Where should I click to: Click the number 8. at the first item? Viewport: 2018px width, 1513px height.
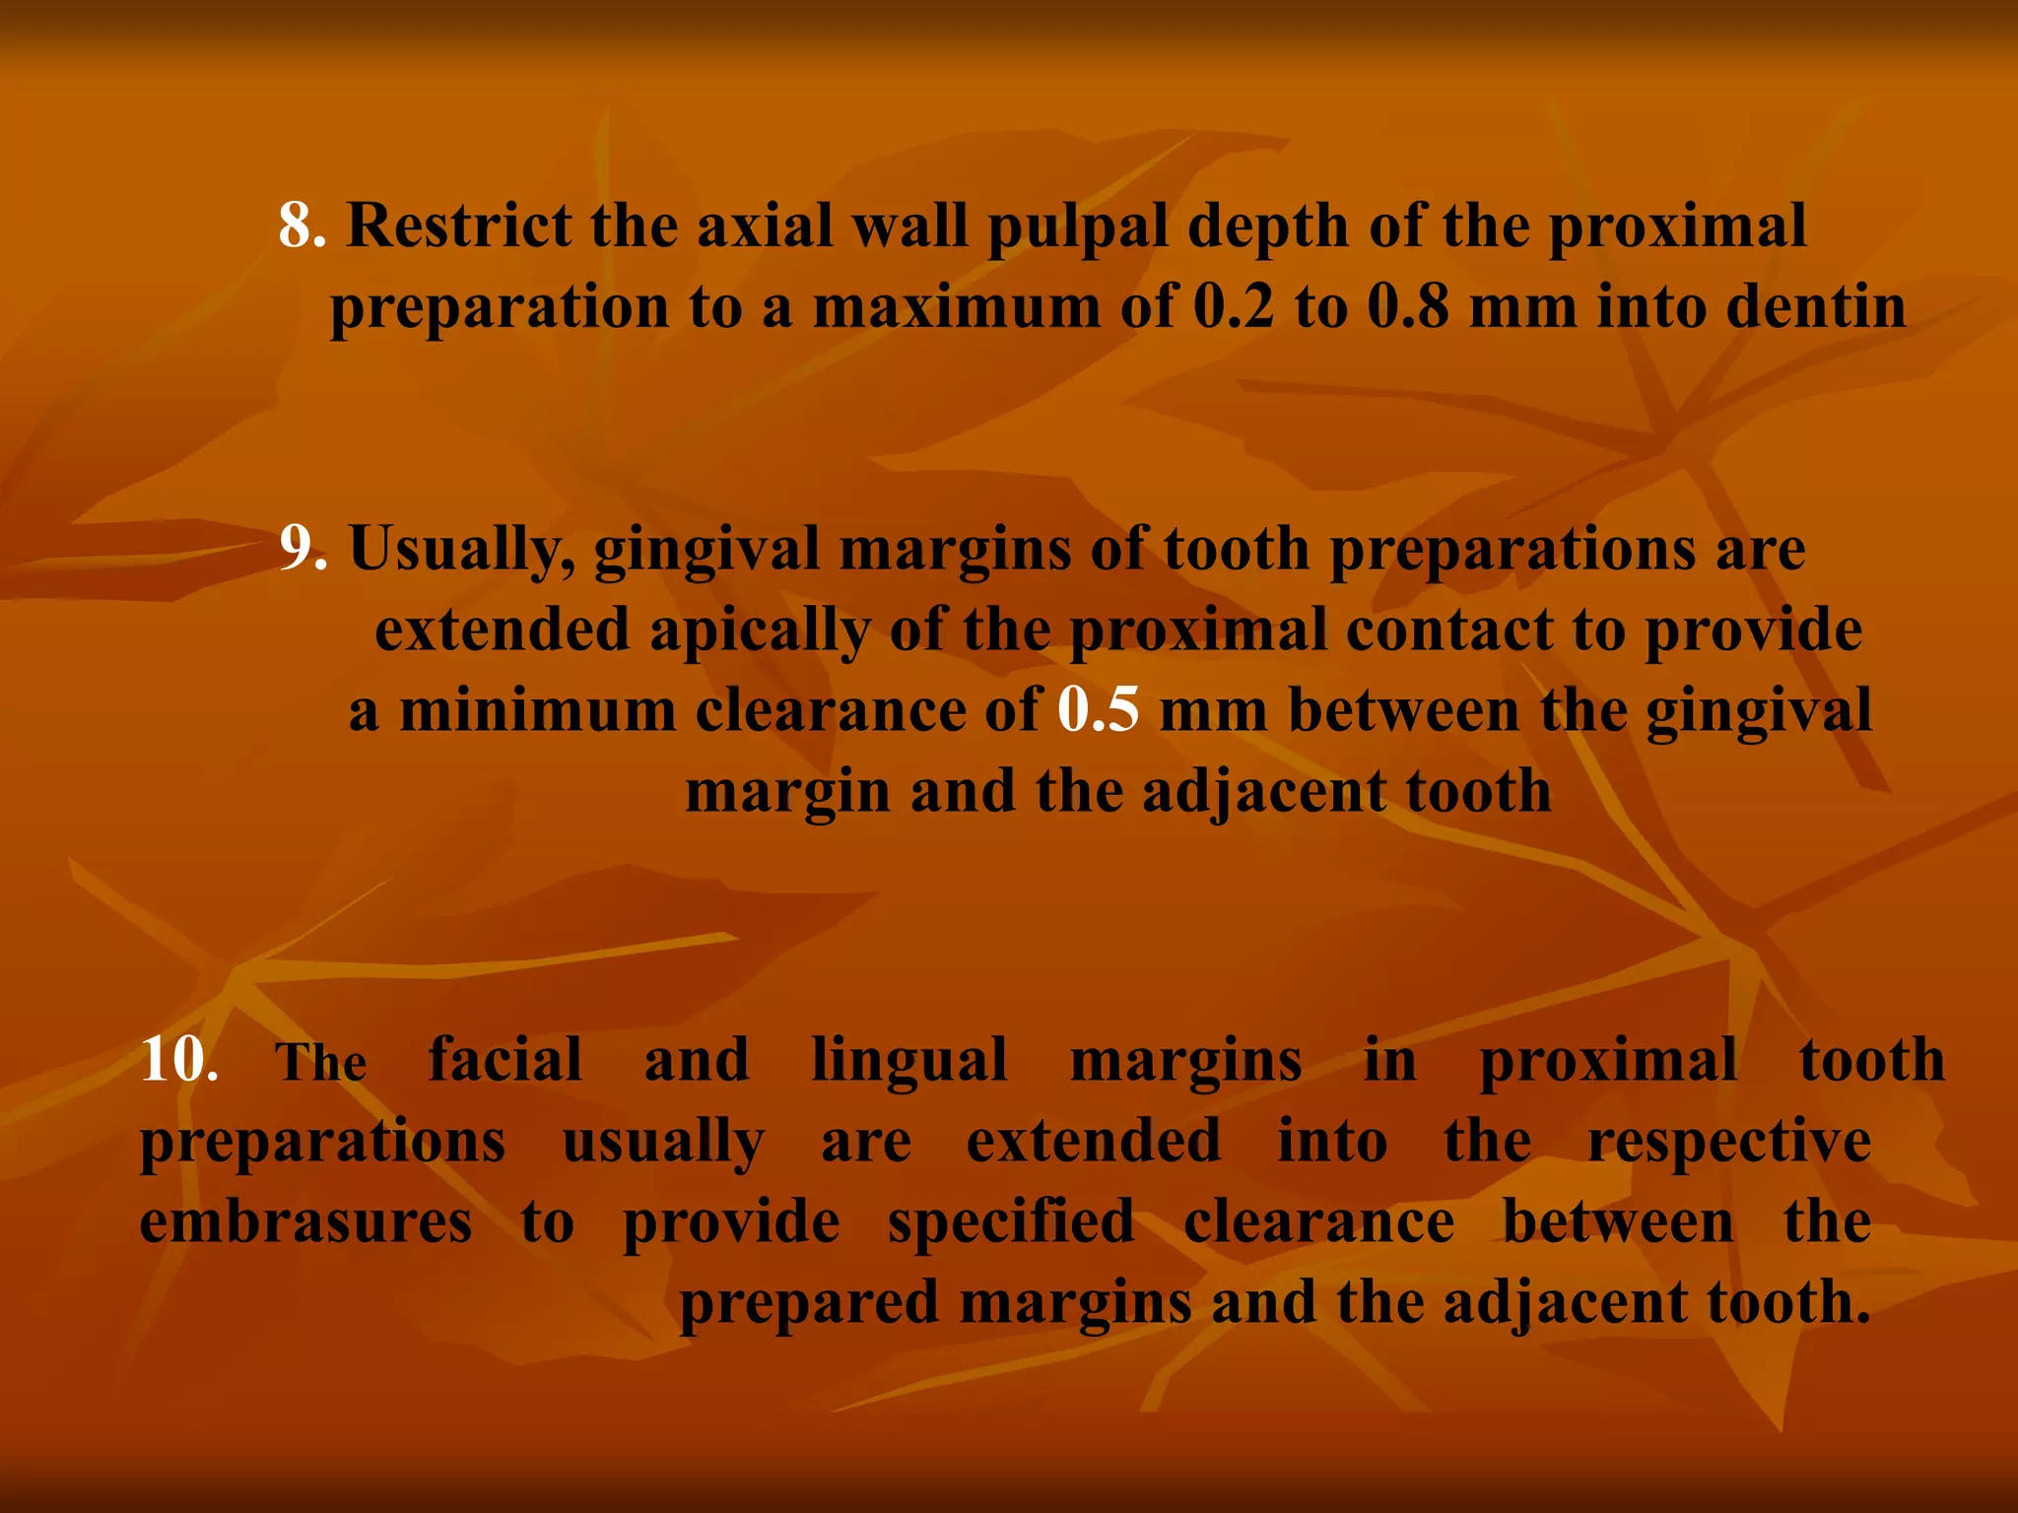[x=301, y=226]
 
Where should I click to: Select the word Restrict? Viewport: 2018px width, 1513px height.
[x=458, y=226]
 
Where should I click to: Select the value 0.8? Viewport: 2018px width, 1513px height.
[x=1408, y=306]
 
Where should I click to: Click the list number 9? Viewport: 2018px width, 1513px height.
[x=302, y=548]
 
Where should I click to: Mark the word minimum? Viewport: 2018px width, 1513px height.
[x=537, y=710]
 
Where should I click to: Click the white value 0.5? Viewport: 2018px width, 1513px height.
[x=1099, y=710]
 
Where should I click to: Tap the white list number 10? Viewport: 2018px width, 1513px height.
[x=178, y=1061]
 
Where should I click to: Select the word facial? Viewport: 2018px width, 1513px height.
[x=504, y=1061]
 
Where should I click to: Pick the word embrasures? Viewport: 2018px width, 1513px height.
[x=305, y=1222]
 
